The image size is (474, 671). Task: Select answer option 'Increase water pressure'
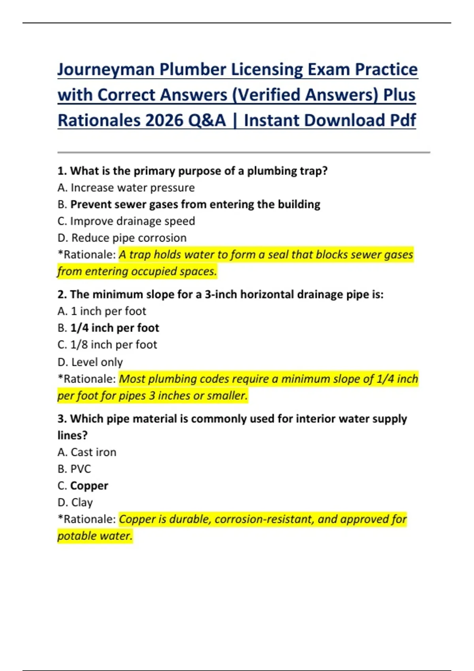coord(132,188)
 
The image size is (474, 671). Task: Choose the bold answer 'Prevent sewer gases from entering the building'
coord(195,204)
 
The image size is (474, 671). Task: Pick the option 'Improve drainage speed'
coord(132,221)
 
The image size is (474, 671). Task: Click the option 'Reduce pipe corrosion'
coord(128,238)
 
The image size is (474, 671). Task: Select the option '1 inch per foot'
coord(108,311)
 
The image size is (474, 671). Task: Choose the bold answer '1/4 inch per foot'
coord(115,328)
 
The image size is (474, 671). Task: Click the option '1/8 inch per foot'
coord(113,345)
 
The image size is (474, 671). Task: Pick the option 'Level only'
coord(97,362)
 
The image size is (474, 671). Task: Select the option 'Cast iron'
coord(93,452)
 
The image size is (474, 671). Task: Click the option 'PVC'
coord(81,469)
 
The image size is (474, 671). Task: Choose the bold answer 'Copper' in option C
coord(89,486)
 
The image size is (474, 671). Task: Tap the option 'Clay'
coord(82,502)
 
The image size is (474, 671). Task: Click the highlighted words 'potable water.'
coord(95,536)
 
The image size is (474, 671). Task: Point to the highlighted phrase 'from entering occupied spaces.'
coord(137,272)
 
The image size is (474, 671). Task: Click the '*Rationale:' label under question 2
coord(87,379)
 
